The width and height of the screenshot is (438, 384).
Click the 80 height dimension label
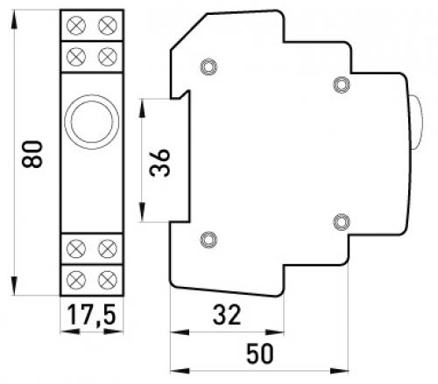click(32, 154)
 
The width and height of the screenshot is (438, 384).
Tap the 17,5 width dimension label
click(92, 315)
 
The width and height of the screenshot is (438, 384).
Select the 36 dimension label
click(159, 163)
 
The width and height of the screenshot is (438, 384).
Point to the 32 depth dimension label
click(227, 315)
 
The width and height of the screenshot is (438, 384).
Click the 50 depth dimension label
click(260, 353)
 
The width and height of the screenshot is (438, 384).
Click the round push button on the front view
click(92, 122)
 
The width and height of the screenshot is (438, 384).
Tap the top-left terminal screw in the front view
click(76, 25)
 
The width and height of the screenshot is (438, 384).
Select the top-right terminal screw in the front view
click(108, 25)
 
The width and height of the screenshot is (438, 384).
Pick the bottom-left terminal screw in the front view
click(76, 280)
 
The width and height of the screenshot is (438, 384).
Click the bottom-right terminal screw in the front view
click(108, 280)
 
